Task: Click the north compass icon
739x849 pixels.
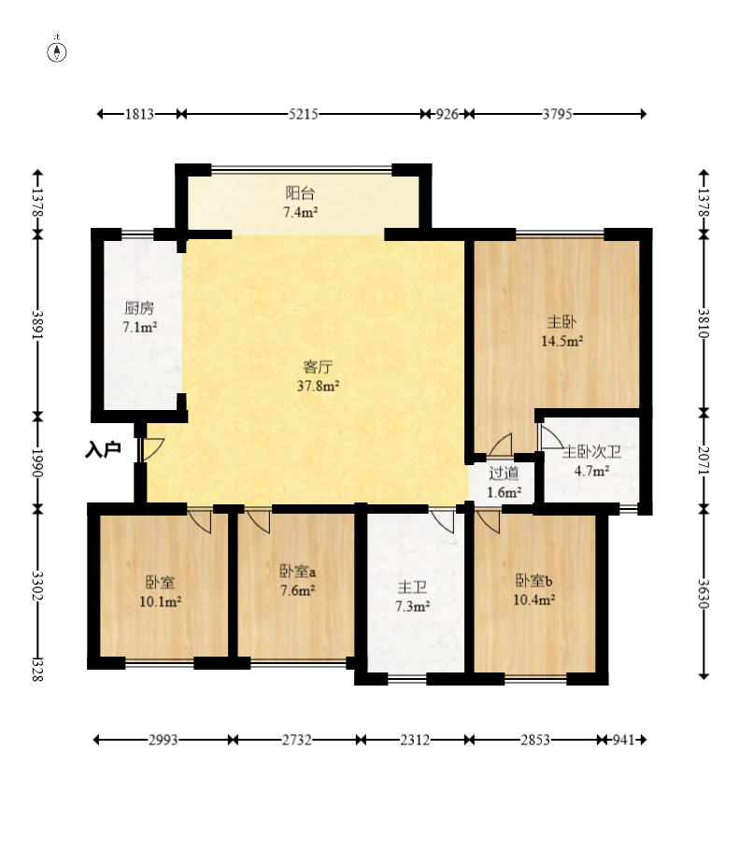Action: (x=57, y=50)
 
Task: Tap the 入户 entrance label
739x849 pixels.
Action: (x=103, y=449)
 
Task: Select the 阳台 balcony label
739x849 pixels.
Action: (x=300, y=192)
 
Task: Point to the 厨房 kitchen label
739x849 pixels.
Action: (x=139, y=308)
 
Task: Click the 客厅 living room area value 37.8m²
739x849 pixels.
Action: (x=318, y=386)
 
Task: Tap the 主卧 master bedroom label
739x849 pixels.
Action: (x=561, y=321)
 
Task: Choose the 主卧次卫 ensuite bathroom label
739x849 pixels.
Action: (x=591, y=451)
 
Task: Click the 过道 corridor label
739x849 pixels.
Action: (x=504, y=474)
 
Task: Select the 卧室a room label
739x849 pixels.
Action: (x=297, y=571)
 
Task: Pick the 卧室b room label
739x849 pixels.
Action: (x=533, y=580)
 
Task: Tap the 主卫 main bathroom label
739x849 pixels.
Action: (x=412, y=587)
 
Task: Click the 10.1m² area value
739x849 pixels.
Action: (x=161, y=601)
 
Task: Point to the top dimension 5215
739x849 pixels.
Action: (x=303, y=114)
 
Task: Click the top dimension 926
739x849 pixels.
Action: (x=447, y=114)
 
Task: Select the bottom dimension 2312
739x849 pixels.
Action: (x=415, y=740)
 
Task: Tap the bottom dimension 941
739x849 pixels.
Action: (x=623, y=740)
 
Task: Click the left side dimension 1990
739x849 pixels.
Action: (x=37, y=462)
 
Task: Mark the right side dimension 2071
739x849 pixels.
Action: (x=703, y=460)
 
